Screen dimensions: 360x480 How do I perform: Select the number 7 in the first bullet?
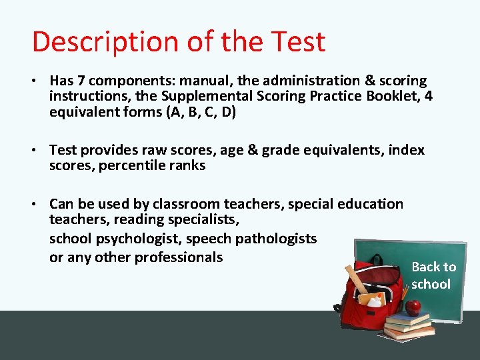click(x=80, y=81)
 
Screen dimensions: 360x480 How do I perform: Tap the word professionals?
click(x=179, y=257)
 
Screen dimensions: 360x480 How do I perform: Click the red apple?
click(x=413, y=307)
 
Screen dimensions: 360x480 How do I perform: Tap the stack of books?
click(x=409, y=326)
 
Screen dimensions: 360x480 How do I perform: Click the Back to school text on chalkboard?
click(x=433, y=275)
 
